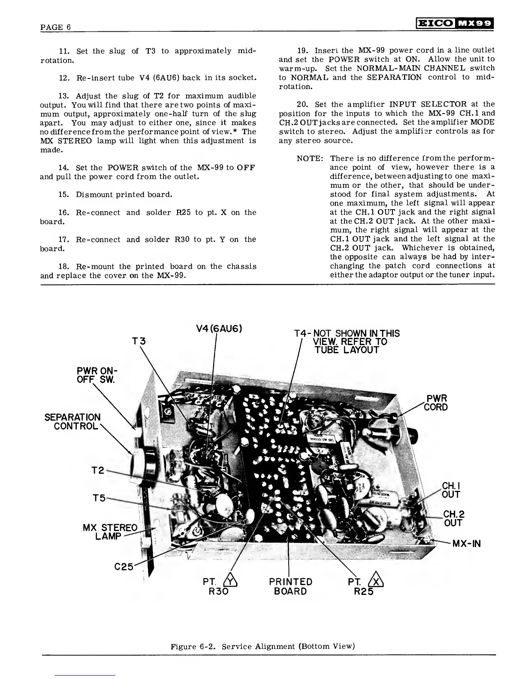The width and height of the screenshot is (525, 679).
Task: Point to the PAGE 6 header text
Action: click(x=55, y=27)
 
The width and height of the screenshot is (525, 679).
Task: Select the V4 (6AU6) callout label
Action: click(x=219, y=329)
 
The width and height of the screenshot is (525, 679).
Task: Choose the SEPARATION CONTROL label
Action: click(x=72, y=422)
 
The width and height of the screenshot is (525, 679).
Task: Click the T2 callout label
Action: click(x=99, y=470)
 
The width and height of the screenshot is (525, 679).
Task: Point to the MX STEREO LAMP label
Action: click(x=110, y=532)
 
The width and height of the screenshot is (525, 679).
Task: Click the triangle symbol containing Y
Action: click(x=232, y=582)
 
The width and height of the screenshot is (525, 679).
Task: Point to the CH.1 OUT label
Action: click(x=451, y=490)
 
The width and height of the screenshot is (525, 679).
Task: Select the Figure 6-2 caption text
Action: click(x=262, y=646)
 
